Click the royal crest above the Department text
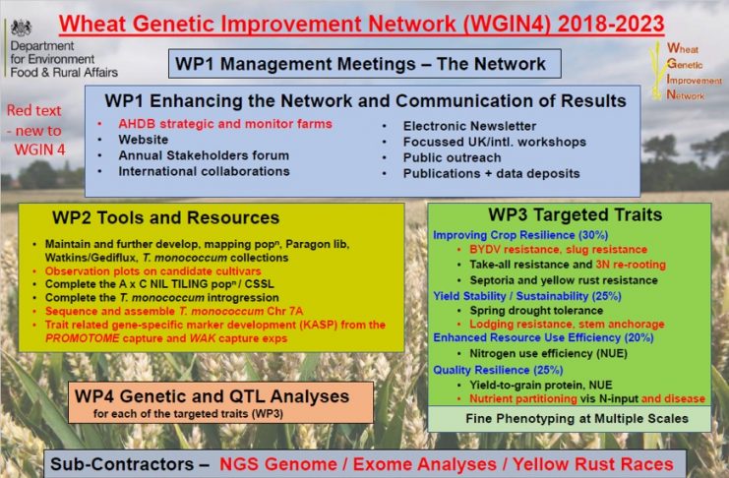(x=22, y=28)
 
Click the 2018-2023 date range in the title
(x=610, y=24)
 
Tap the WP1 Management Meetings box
(x=364, y=64)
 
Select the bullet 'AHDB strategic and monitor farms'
(x=225, y=124)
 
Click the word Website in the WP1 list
(x=144, y=140)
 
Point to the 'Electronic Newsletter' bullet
(x=469, y=126)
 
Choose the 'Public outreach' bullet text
(x=452, y=157)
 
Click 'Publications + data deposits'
(x=492, y=173)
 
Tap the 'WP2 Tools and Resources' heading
(x=165, y=217)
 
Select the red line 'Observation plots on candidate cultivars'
(x=152, y=271)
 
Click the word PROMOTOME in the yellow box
(x=83, y=338)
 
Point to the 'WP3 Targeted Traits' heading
(x=576, y=214)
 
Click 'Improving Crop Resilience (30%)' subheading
(x=520, y=235)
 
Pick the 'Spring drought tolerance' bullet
(x=536, y=311)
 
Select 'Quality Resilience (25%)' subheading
(x=498, y=370)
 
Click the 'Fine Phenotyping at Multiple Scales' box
(x=570, y=418)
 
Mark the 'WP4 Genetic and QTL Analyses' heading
(x=212, y=396)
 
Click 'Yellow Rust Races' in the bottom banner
(x=593, y=464)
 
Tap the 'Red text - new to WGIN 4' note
(x=35, y=130)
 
